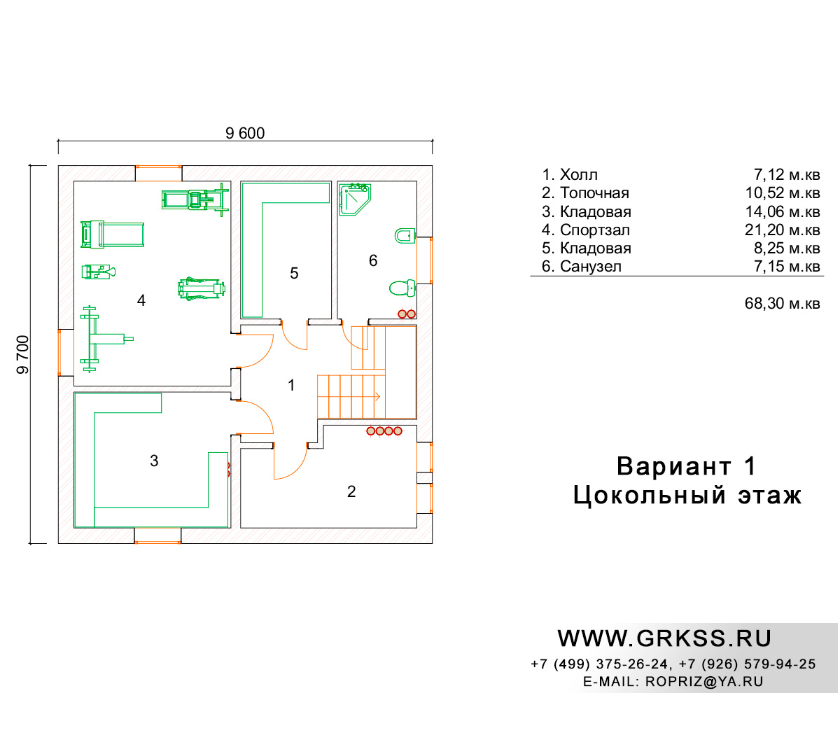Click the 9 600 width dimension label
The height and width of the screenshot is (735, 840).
pyautogui.click(x=245, y=133)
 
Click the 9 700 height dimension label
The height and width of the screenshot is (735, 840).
pyautogui.click(x=22, y=354)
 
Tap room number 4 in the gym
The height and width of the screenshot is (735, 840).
pyautogui.click(x=141, y=300)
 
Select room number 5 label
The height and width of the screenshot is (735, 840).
pyautogui.click(x=294, y=273)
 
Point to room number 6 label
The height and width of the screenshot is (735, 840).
pyautogui.click(x=373, y=260)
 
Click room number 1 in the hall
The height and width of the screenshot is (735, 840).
pyautogui.click(x=291, y=385)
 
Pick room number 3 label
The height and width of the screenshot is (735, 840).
pyautogui.click(x=154, y=461)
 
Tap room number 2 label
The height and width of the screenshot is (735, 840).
pyautogui.click(x=351, y=491)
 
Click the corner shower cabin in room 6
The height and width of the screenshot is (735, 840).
pyautogui.click(x=353, y=199)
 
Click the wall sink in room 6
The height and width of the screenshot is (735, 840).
pyautogui.click(x=405, y=235)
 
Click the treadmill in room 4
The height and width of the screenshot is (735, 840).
pyautogui.click(x=112, y=234)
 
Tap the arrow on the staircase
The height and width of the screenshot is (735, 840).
pyautogui.click(x=377, y=397)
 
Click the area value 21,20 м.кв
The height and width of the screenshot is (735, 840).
pyautogui.click(x=782, y=230)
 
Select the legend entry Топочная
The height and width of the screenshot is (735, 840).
pyautogui.click(x=594, y=193)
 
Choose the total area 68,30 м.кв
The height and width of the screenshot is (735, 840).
pyautogui.click(x=782, y=304)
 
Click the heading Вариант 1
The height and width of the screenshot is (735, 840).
pyautogui.click(x=686, y=466)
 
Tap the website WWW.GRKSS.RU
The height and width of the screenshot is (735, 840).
pyautogui.click(x=664, y=638)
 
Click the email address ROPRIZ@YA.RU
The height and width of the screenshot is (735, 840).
pyautogui.click(x=704, y=681)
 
